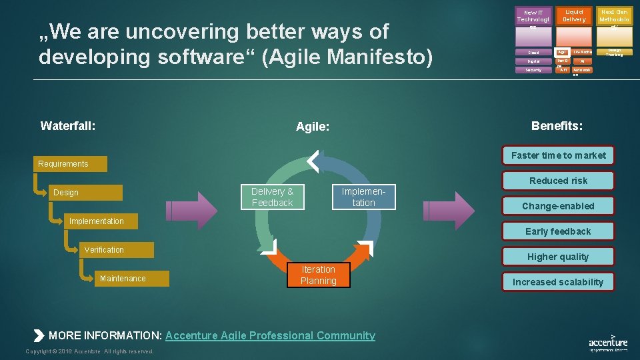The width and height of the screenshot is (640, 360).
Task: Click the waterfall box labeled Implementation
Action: pyautogui.click(x=99, y=221)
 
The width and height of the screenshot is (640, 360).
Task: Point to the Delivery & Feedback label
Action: pyautogui.click(x=272, y=197)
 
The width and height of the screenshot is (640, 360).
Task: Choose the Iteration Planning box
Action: pyautogui.click(x=319, y=275)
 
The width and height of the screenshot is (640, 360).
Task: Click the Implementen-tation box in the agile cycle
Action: pyautogui.click(x=363, y=197)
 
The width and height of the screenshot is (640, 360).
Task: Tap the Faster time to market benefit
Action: pyautogui.click(x=558, y=155)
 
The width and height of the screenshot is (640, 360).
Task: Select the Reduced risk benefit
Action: pyautogui.click(x=558, y=181)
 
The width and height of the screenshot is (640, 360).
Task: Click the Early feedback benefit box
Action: pyautogui.click(x=558, y=231)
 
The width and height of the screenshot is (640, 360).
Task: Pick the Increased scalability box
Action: pyautogui.click(x=558, y=282)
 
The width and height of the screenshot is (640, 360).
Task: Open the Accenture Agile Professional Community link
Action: pyautogui.click(x=270, y=335)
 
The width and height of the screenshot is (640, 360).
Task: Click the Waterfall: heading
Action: pyautogui.click(x=67, y=125)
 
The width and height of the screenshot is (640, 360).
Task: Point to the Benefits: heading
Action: pyautogui.click(x=557, y=125)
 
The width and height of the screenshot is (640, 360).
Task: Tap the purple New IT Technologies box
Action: pyautogui.click(x=533, y=17)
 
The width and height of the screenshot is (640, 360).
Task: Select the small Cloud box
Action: pyautogui.click(x=533, y=52)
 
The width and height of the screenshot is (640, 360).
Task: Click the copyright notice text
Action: pyautogui.click(x=89, y=351)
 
